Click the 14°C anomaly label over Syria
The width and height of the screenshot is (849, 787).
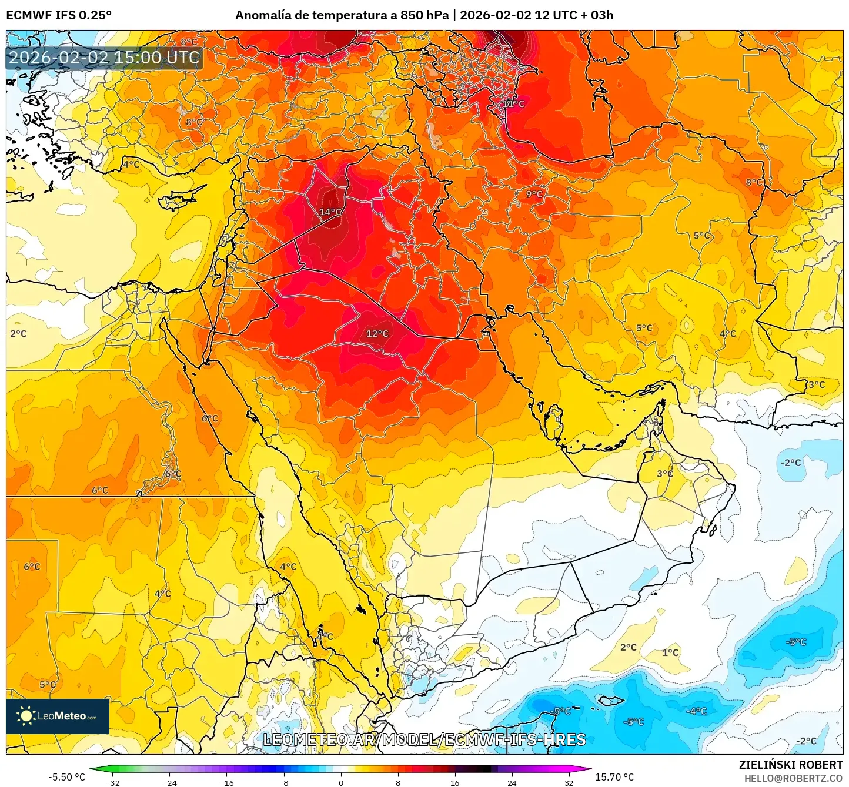coord(330,212)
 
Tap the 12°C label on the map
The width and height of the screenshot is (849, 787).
coord(377,334)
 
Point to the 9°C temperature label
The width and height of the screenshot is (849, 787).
coord(534,195)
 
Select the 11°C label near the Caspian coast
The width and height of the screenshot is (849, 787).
coord(513,104)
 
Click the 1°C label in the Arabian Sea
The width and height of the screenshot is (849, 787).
coord(670,652)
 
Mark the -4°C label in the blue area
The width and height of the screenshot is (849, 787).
coord(697,711)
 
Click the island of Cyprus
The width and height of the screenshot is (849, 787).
coord(179,199)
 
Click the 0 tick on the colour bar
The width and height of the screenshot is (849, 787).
coord(340,782)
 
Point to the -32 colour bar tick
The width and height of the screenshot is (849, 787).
coord(113,782)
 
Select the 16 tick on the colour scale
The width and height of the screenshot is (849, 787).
coord(454,782)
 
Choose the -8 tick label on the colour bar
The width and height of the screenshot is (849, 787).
coord(283,782)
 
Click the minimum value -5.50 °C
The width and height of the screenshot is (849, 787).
coord(66,777)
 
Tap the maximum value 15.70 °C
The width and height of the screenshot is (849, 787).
coord(614,777)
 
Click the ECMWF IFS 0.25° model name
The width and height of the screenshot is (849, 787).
coord(59,15)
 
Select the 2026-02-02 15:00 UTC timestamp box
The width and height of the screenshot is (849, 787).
coord(104,58)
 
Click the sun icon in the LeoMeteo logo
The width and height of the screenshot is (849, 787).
coord(26,716)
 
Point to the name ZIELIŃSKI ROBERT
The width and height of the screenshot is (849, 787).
coord(791,765)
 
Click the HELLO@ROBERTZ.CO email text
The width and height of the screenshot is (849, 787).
coord(793,778)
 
